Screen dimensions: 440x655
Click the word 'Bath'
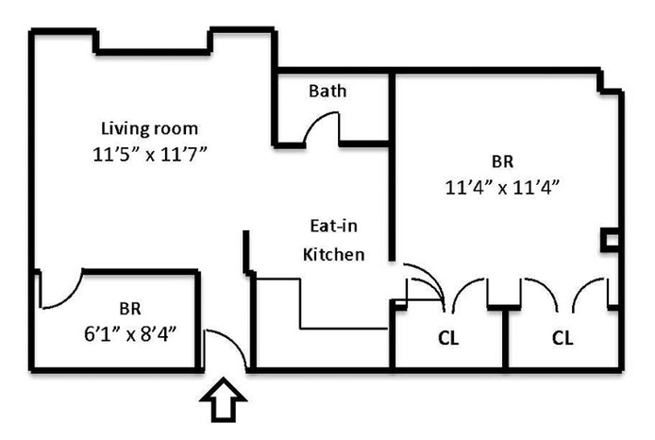click(327, 92)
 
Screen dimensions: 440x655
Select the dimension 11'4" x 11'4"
click(503, 185)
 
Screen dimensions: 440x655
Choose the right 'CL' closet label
click(563, 337)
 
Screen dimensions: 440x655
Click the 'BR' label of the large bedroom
click(503, 161)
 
